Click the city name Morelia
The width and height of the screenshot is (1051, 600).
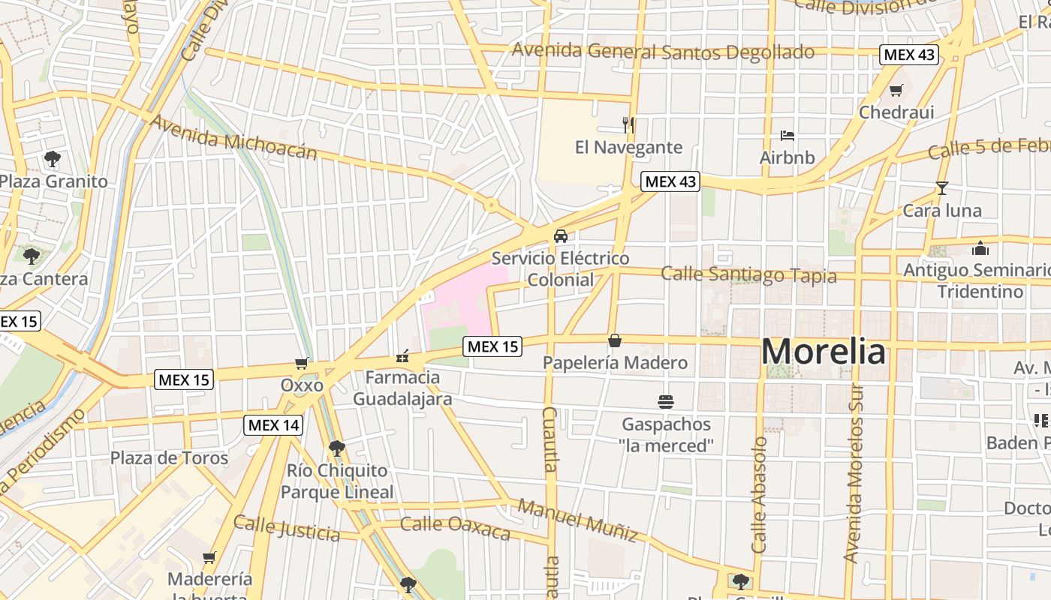click(824, 352)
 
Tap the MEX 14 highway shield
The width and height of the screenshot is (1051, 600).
click(274, 425)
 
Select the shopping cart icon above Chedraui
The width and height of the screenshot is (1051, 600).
click(896, 91)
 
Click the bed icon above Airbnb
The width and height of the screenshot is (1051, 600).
click(787, 136)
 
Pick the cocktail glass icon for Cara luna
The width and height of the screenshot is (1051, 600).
click(942, 188)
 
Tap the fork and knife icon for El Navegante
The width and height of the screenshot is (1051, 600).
click(629, 124)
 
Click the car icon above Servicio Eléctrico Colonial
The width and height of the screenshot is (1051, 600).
click(560, 236)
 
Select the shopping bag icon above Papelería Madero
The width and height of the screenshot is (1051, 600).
click(615, 341)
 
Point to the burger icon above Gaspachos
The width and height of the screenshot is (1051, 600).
click(665, 402)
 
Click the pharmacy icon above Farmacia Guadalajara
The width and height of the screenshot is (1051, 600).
click(403, 355)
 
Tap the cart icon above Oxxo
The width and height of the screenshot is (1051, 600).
click(302, 364)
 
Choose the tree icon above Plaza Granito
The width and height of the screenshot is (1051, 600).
click(52, 159)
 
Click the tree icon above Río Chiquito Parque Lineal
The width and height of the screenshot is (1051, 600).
click(337, 448)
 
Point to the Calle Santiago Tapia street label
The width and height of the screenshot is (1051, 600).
click(748, 274)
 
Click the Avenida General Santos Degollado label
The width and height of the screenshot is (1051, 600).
click(663, 52)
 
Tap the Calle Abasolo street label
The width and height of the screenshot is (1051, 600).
click(760, 495)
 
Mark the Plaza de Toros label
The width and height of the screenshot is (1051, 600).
click(169, 457)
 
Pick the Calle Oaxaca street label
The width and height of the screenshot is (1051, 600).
click(455, 527)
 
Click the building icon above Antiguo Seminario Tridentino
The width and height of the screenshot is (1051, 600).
click(980, 248)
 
